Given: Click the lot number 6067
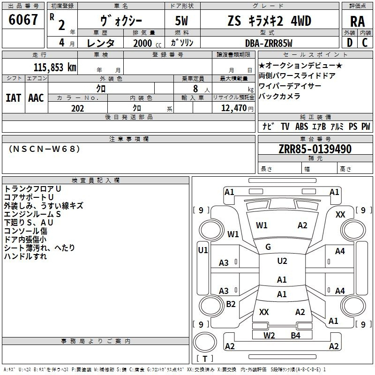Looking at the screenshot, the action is (x=23, y=20).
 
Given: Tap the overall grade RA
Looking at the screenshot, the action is (x=358, y=22).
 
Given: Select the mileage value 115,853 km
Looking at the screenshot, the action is (x=55, y=67).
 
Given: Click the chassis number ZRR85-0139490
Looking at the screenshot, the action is (x=315, y=149).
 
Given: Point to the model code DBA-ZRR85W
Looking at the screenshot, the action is (x=269, y=43).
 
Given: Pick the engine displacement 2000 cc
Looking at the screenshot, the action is (x=147, y=44).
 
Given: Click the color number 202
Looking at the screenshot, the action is (x=77, y=108).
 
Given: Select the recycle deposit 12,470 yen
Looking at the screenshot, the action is (x=237, y=108).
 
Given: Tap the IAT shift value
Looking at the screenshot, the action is (x=14, y=98).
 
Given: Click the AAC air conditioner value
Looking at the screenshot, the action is (x=36, y=98).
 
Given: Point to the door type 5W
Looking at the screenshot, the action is (x=181, y=21).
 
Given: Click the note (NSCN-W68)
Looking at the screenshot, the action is (x=44, y=149).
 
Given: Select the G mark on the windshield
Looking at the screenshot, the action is (x=268, y=247).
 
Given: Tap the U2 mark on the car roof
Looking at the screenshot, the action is (x=282, y=261).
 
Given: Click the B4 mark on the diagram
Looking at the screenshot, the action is (x=296, y=336).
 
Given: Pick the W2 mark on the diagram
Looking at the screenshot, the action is (x=269, y=336).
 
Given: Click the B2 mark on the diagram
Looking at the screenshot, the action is (x=231, y=304).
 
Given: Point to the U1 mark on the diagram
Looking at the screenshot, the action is (x=203, y=250).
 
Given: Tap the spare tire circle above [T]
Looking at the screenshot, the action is (x=205, y=342).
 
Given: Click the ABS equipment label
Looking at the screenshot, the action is (x=301, y=127).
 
